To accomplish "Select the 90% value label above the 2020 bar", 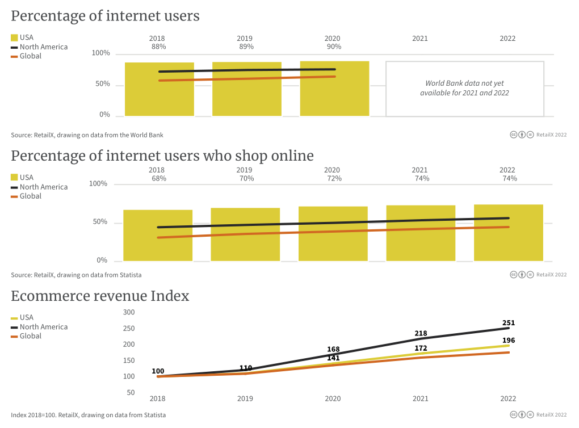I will pos(334,47).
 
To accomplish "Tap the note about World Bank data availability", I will pos(464,88).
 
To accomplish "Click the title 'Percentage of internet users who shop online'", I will pos(162,156).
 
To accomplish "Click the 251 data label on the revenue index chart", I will pos(509,323).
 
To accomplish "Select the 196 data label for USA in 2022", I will pos(509,341).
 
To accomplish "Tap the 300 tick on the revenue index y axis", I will pos(129,312).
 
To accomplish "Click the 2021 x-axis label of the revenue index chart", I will pos(420,398).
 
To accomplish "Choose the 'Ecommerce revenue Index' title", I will pos(100,296).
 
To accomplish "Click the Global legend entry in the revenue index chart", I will pos(30,336).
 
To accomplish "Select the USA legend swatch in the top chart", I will pos(14,37).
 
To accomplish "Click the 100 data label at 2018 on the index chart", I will pos(158,371).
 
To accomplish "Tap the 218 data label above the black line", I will pos(421,333).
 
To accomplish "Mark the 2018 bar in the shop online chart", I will pos(158,236).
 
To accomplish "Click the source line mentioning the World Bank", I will pos(87,135).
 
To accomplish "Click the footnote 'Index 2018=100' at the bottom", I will pos(88,415).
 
